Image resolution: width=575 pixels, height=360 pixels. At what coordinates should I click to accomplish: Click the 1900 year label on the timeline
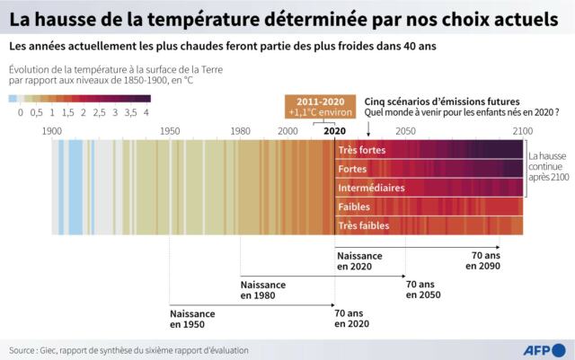pos(52,131)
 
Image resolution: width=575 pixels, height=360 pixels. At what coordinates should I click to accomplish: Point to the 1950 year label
pos(169,131)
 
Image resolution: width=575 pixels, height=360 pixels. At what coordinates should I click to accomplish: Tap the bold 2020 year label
pos(334,131)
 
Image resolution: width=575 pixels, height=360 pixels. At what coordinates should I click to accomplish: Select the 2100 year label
pos(522,131)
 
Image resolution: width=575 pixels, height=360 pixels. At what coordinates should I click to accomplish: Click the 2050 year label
pos(405,131)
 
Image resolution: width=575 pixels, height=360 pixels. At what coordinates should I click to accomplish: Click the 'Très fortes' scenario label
pos(361,150)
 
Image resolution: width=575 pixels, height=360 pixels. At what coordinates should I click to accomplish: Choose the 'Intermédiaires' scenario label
pos(371,188)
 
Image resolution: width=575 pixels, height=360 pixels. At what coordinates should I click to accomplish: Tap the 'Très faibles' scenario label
pos(364,225)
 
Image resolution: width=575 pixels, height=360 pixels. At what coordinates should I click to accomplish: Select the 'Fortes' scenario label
pos(352,169)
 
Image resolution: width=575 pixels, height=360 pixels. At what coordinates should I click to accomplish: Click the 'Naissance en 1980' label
pos(263,289)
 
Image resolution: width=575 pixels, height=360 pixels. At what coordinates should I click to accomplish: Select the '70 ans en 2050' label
pos(422,289)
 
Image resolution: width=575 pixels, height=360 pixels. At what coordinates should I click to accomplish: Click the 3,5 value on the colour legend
pos(130,112)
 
